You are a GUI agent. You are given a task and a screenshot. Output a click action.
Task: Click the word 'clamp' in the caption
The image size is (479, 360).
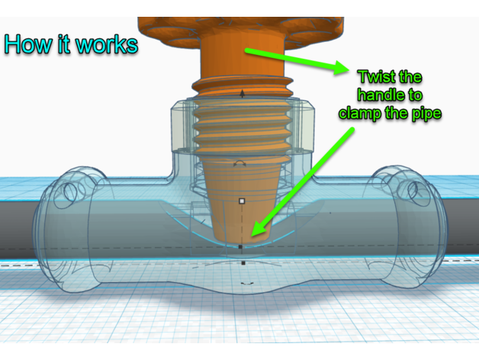[365, 113]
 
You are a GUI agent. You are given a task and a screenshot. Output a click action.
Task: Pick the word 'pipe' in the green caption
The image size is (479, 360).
[425, 113]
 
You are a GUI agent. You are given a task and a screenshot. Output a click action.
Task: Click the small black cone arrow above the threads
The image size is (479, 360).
[243, 93]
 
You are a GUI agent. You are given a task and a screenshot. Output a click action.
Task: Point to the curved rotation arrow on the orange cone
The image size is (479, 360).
[239, 163]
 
